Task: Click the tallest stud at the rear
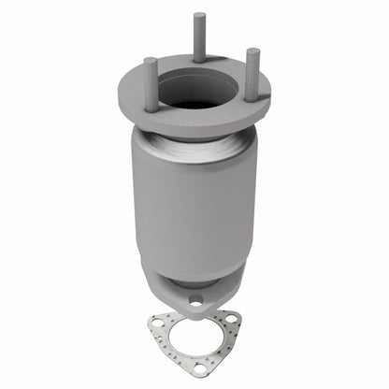[199, 37]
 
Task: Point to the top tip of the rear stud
[199, 15]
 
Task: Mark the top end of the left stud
[151, 61]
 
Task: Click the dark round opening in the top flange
[194, 92]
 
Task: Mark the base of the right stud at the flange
[252, 94]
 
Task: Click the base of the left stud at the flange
[151, 108]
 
